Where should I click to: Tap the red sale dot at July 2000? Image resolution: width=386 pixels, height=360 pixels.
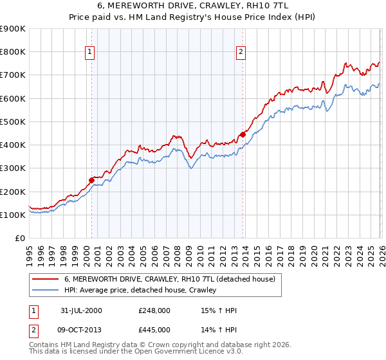91,181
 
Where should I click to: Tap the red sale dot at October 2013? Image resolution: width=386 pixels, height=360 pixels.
243,134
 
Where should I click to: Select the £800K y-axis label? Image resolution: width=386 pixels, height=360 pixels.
13,51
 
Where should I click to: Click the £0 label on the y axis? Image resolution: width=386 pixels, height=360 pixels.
21,239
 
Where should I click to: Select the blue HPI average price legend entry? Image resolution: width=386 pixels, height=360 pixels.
140,290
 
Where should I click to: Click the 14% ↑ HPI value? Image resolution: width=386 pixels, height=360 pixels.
219,330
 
